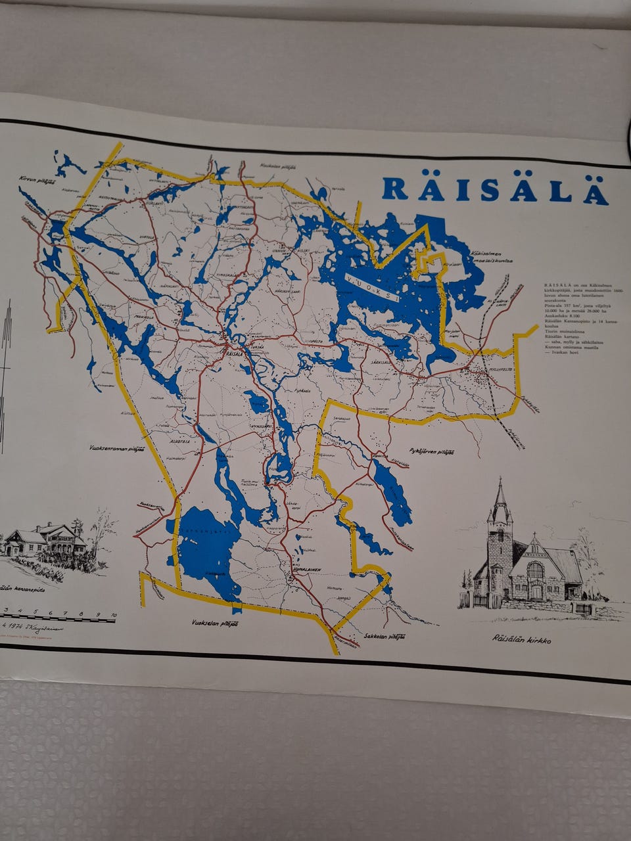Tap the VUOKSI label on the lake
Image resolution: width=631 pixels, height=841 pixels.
point(374,288)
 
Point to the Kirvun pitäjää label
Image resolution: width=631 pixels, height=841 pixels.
point(32,179)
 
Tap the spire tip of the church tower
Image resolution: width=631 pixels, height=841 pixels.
point(500,480)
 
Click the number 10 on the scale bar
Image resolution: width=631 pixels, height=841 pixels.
point(113,615)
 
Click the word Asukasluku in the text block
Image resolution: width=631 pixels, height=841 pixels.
point(556,315)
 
